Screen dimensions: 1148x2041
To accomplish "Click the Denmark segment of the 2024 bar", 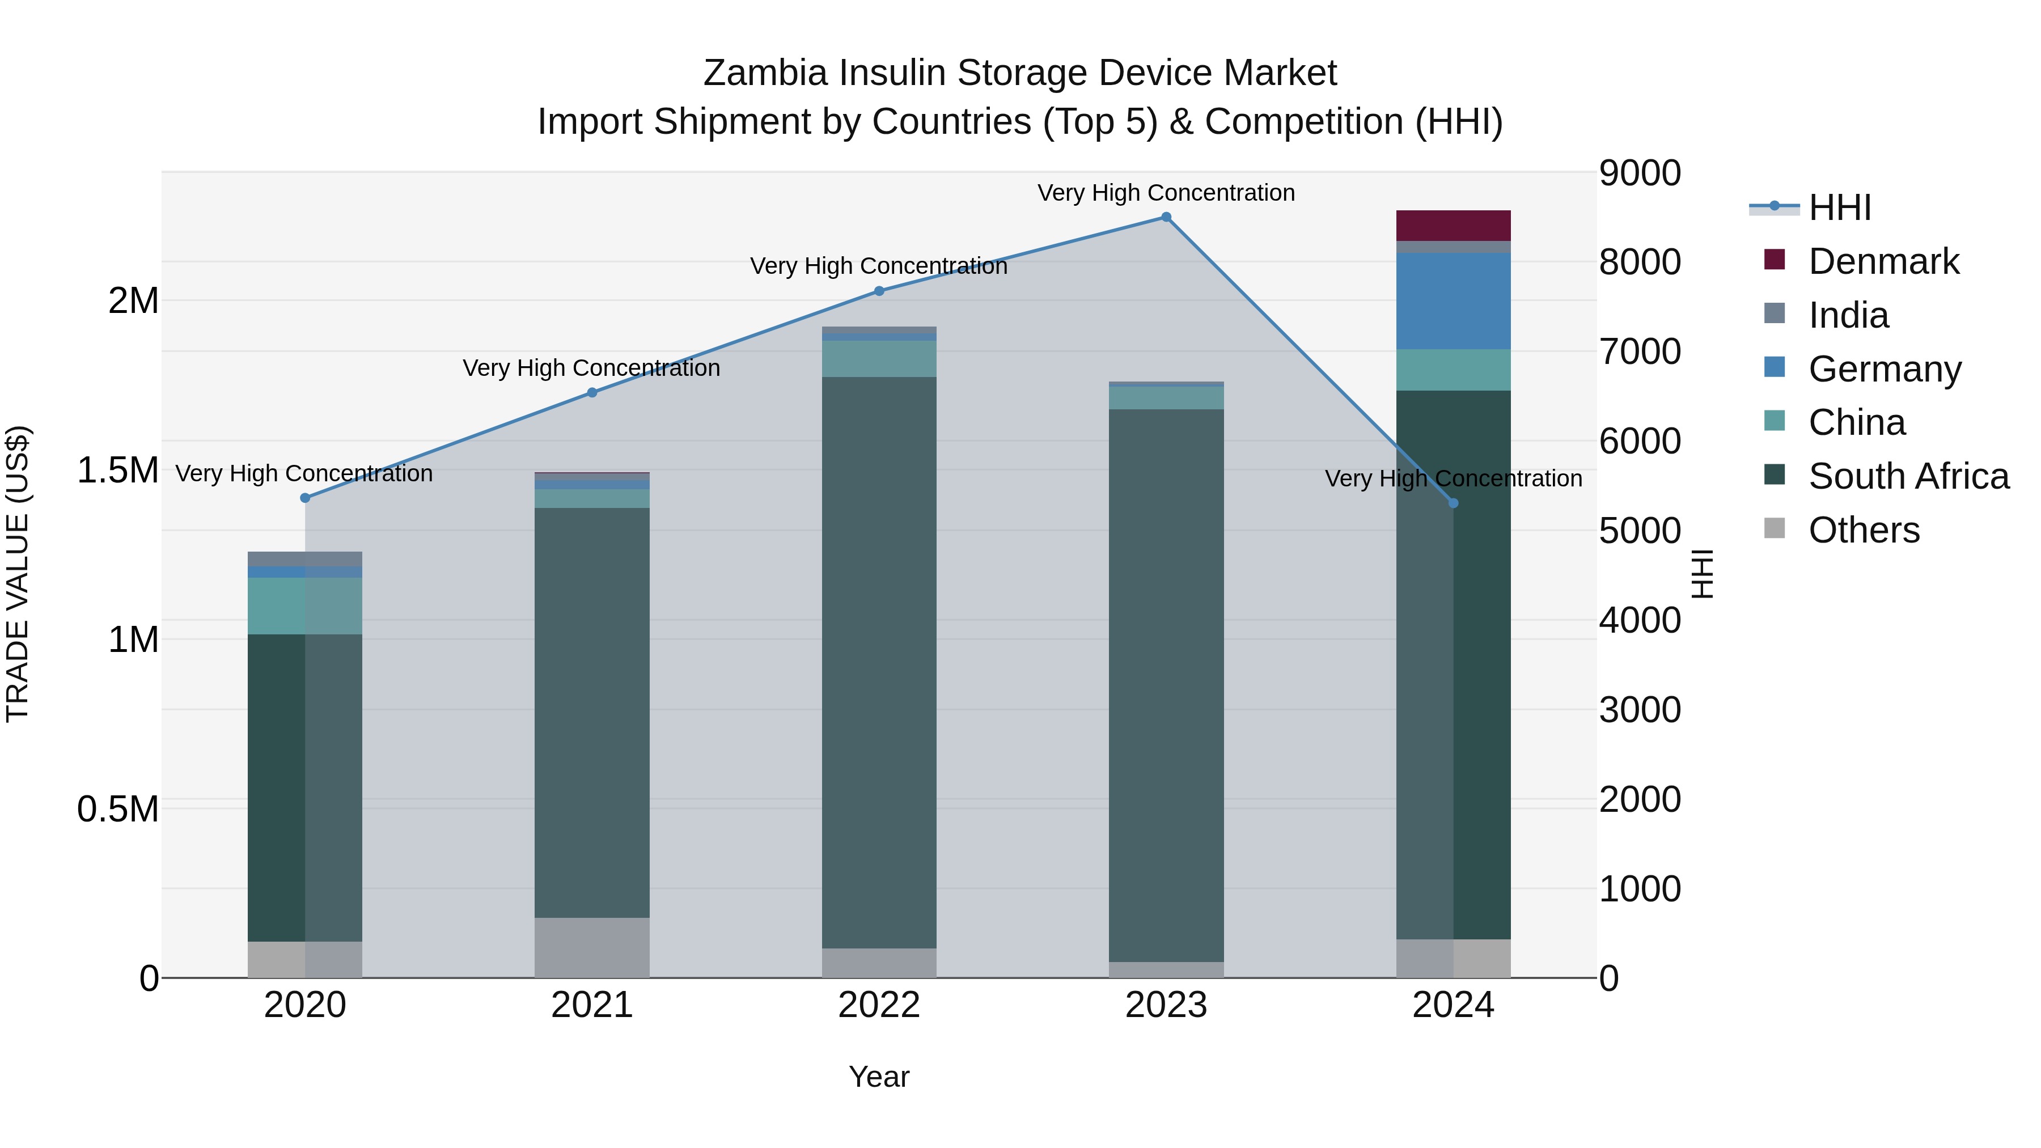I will [x=1453, y=225].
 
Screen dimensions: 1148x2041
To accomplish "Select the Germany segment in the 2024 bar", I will [x=1453, y=301].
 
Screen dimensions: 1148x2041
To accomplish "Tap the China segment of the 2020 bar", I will [x=305, y=605].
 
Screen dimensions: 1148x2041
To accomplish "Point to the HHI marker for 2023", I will [x=1166, y=217].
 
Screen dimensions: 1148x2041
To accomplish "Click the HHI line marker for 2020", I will [x=305, y=498].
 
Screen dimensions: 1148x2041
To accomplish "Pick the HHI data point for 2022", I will [x=879, y=291].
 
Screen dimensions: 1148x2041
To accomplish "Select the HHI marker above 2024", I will [x=1453, y=503].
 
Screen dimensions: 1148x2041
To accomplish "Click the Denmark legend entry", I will [x=1883, y=261].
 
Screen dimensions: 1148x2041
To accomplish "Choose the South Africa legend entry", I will [x=1908, y=476].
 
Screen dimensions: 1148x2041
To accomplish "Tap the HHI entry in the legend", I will [x=1839, y=207].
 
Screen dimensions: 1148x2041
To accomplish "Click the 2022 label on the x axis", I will [x=879, y=1005].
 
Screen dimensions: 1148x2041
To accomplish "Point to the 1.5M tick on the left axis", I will [x=118, y=470].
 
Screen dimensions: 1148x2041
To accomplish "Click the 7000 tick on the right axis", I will [x=1639, y=351].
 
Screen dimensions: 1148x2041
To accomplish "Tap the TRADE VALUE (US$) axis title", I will [x=18, y=574].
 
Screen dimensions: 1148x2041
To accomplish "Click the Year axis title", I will [x=879, y=1077].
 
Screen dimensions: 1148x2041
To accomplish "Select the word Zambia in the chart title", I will [x=766, y=73].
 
